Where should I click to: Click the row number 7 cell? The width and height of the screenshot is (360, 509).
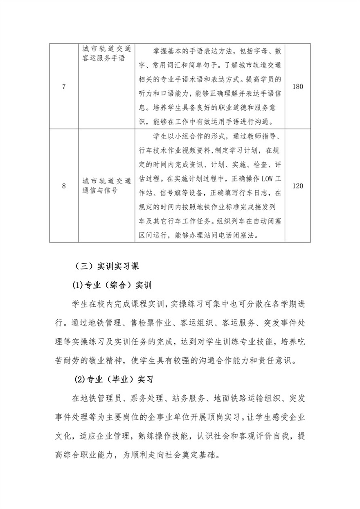pos(63,87)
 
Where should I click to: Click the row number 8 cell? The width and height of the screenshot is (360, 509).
pos(63,186)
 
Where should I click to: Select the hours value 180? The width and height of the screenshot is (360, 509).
pos(298,87)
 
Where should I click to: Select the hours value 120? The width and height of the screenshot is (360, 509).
pos(298,186)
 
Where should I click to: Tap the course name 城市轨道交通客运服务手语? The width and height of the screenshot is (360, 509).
pos(106,53)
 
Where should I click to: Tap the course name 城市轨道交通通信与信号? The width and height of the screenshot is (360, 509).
pos(106,186)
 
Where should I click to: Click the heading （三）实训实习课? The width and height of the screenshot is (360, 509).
pos(107,266)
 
